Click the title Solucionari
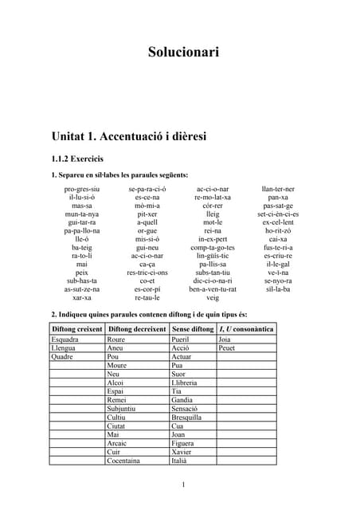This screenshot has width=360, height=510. tap(183, 53)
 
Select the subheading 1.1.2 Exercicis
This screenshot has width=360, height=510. tap(78, 159)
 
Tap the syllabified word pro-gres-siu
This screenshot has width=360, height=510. tap(82, 189)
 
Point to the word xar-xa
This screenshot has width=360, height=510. tap(82, 297)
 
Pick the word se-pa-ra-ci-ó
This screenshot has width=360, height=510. tap(147, 189)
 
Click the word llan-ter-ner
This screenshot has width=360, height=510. tap(278, 189)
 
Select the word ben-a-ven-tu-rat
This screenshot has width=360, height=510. tap(213, 288)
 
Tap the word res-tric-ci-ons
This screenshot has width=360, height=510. tap(147, 272)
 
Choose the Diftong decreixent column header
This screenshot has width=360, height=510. tap(137, 328)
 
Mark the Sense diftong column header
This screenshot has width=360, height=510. tap(192, 328)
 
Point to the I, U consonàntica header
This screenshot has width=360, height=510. tap(246, 328)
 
